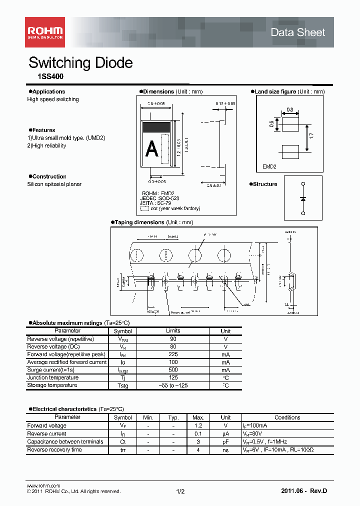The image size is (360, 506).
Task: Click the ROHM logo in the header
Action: point(44,31)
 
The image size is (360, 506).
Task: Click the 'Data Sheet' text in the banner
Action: point(297,32)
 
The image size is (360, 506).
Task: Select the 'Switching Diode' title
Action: point(80,63)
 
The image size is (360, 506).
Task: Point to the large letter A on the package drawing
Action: point(151,149)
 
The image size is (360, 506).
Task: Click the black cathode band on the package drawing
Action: point(157,127)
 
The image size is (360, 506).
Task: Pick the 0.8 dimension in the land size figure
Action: point(290,109)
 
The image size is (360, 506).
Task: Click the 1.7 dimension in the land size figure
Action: point(311,135)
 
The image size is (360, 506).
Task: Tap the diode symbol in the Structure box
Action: point(303,198)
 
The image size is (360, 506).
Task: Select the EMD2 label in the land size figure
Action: point(269,167)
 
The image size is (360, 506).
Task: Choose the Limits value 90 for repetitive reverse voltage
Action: point(173,339)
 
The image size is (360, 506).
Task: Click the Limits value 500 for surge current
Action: point(173,370)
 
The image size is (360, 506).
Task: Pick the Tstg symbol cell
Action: point(122,385)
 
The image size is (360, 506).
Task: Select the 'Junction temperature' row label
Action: point(52,378)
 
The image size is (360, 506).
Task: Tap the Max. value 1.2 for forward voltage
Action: point(198,425)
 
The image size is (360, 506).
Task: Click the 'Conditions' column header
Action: point(287,417)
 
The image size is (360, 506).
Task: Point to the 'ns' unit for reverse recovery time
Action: point(225,450)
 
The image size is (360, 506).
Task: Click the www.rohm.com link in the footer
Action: point(43,485)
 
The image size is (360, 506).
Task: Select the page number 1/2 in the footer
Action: point(180,491)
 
